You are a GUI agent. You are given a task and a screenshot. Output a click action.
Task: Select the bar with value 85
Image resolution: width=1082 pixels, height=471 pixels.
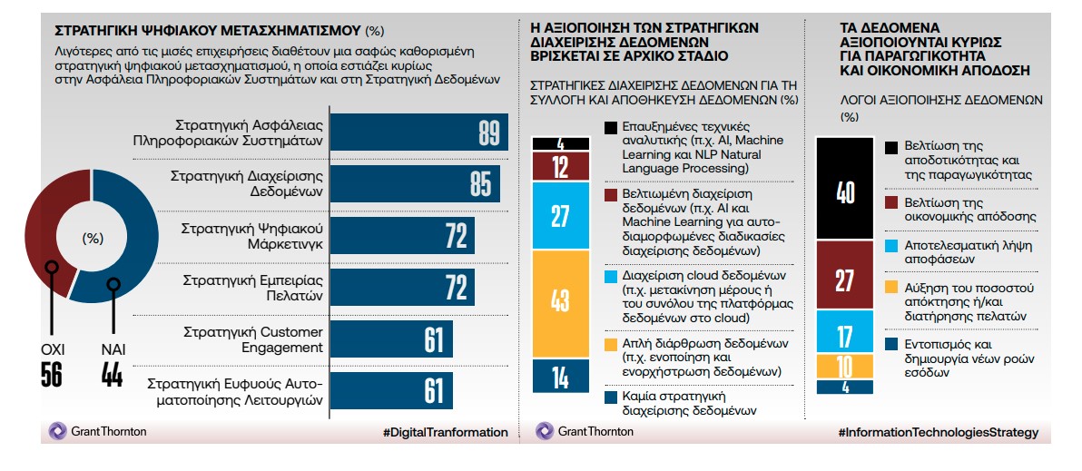click(413, 183)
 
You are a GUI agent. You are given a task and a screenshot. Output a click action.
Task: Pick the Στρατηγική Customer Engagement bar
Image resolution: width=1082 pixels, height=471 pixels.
click(390, 339)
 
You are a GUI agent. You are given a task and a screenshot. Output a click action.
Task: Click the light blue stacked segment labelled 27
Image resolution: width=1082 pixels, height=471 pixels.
click(561, 216)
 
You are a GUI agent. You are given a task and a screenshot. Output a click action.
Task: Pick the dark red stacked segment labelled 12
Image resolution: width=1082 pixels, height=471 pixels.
click(561, 166)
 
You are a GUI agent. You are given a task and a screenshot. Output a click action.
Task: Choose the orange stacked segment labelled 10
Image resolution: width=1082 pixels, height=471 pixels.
click(844, 366)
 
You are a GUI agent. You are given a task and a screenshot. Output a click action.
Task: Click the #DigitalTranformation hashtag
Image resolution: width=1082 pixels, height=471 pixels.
click(445, 432)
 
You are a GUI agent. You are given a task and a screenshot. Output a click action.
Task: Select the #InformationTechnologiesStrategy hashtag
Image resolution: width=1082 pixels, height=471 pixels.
click(939, 432)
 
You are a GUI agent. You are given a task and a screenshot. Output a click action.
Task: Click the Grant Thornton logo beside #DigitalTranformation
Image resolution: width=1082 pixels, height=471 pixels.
click(98, 432)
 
